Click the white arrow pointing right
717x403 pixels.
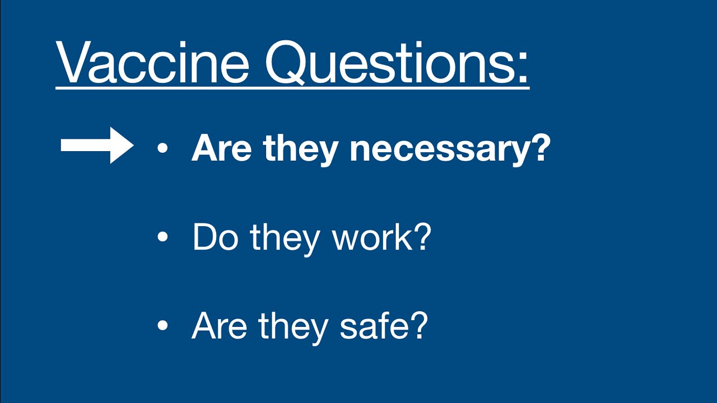pyautogui.click(x=97, y=146)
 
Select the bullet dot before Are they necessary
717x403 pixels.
pyautogui.click(x=162, y=148)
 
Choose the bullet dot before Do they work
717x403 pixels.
pyautogui.click(x=162, y=237)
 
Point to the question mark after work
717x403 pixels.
pyautogui.click(x=421, y=237)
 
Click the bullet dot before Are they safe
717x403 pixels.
pyautogui.click(x=162, y=326)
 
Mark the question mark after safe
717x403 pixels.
pyautogui.click(x=417, y=325)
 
